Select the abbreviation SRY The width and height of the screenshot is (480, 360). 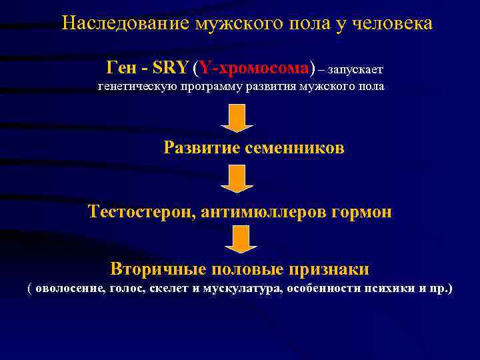pos(171,68)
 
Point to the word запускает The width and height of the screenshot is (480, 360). pos(355,69)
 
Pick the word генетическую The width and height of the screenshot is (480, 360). pos(135,87)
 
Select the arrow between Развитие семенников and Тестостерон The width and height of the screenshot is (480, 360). pos(237,179)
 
